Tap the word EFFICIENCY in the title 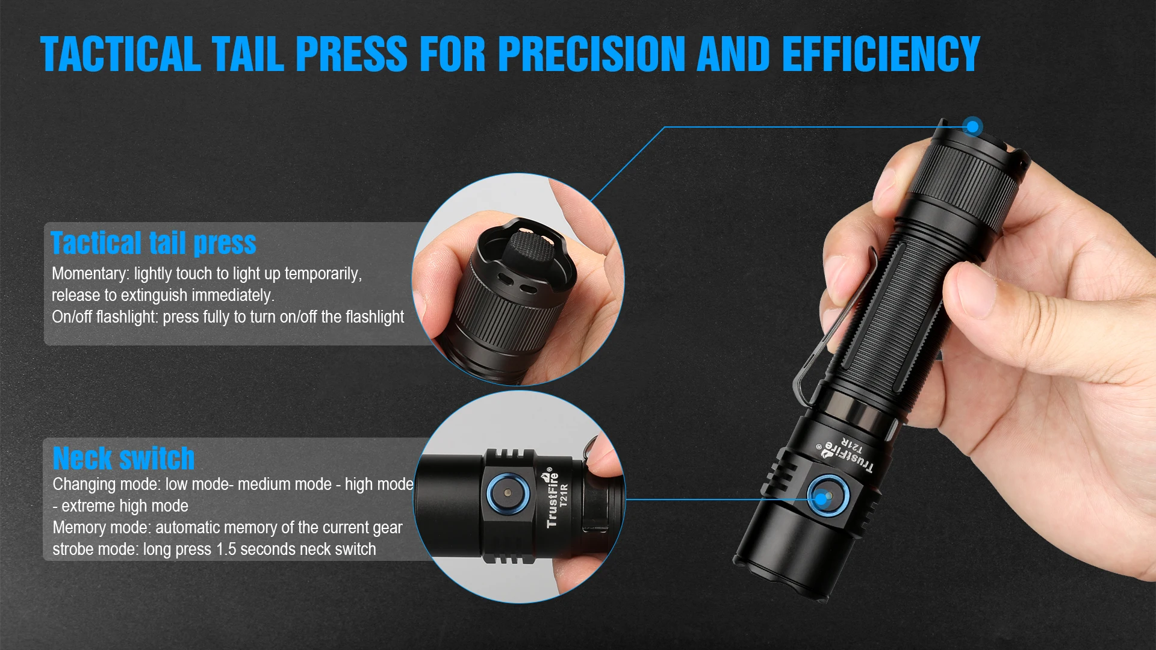881,54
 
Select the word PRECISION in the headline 592,54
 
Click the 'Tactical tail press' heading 154,244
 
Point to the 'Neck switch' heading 123,458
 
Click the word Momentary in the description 90,274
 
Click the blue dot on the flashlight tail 972,126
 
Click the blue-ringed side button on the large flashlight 825,497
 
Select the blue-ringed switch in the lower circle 508,494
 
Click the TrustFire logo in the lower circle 552,498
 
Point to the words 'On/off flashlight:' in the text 105,317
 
